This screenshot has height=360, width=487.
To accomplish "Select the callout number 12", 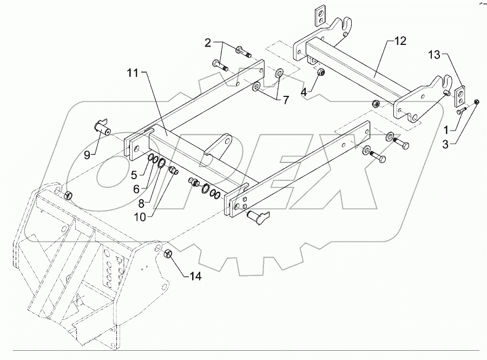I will (399, 41).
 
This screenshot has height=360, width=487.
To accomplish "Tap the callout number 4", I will (305, 92).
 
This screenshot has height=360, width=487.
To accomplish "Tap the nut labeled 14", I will (168, 253).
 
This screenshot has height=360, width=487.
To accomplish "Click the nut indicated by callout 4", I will (320, 72).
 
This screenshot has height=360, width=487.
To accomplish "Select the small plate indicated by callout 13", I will (459, 97).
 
